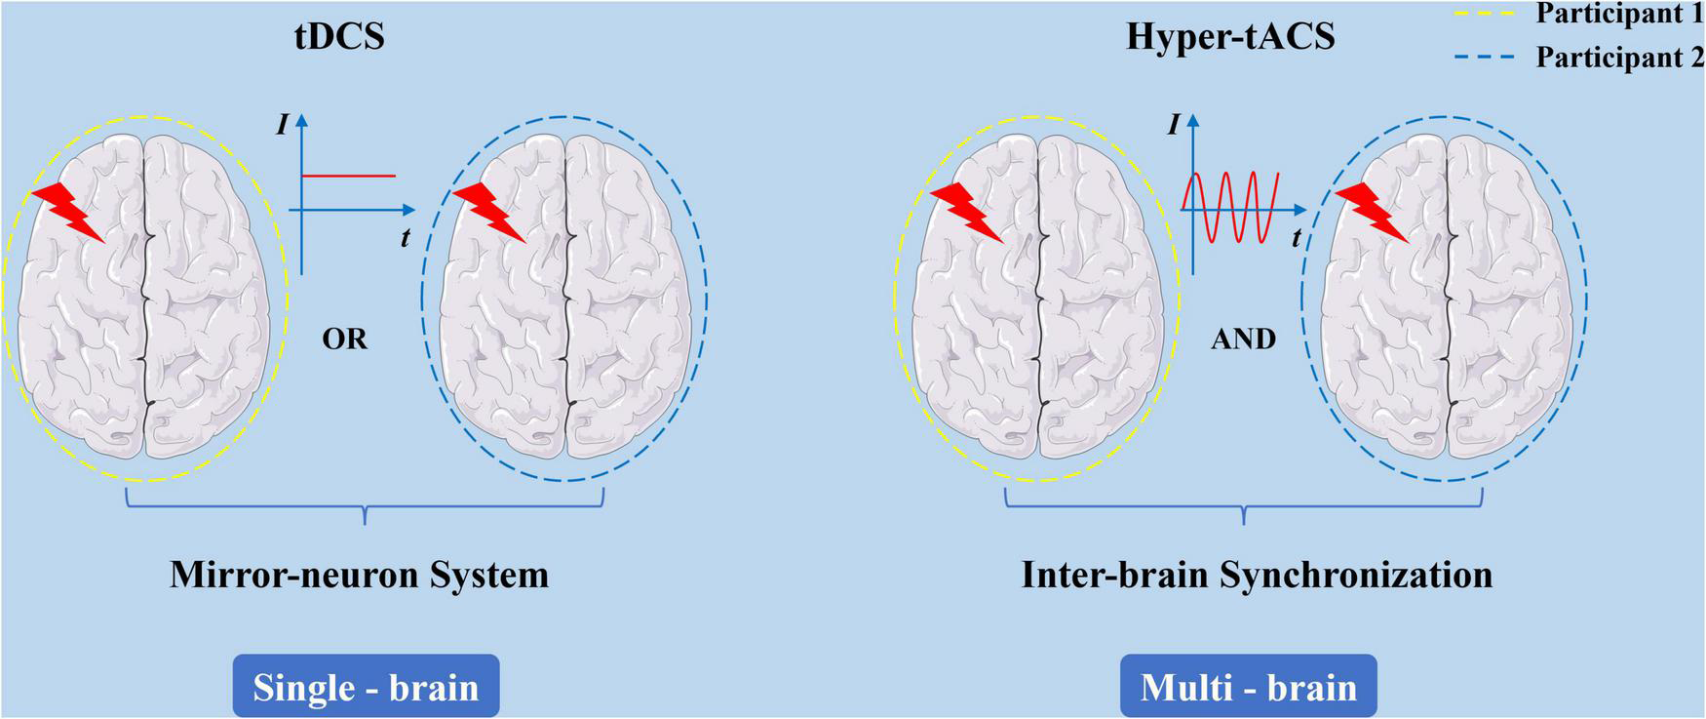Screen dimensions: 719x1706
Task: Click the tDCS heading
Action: [339, 36]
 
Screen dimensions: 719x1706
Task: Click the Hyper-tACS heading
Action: [1230, 36]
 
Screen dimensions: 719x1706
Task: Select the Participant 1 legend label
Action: [1619, 14]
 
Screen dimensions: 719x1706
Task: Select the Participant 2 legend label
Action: [1619, 57]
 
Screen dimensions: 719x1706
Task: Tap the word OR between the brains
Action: [345, 339]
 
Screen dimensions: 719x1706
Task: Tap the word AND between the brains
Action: [1243, 339]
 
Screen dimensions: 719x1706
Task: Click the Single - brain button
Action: [366, 687]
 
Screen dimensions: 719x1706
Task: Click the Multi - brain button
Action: [1248, 687]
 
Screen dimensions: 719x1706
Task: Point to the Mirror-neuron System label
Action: [359, 574]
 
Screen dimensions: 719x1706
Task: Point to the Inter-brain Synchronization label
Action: [1257, 574]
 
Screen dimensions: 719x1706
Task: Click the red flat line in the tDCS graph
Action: [348, 176]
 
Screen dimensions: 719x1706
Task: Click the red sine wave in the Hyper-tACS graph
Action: [1230, 207]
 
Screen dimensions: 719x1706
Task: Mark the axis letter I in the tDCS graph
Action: [282, 124]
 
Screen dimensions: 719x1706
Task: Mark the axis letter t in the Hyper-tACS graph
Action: [1297, 237]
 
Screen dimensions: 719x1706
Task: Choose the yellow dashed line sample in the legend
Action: [1485, 15]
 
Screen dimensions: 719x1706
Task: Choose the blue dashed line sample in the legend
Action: [1485, 58]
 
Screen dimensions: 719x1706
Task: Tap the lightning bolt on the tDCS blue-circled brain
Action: [489, 212]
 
